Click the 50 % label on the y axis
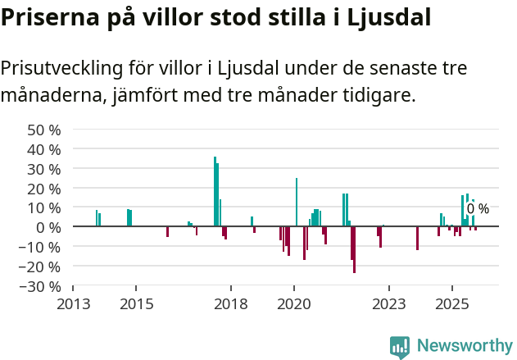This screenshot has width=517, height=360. (44, 130)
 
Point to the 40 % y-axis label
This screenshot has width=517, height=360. (44, 149)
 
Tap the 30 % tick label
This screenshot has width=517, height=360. (44, 169)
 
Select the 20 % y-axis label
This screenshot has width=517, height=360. (44, 189)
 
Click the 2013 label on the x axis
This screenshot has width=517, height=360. (73, 303)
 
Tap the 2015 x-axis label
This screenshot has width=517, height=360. (136, 303)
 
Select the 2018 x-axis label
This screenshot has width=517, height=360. (231, 303)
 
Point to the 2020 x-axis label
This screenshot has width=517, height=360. (294, 303)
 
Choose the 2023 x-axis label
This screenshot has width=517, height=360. (389, 303)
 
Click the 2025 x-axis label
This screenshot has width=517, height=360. (452, 303)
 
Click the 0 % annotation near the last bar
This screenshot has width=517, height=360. (478, 209)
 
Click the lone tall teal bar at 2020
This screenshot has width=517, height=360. (296, 202)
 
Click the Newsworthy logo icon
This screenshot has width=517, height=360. (400, 347)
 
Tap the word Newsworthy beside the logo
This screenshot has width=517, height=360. (465, 346)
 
